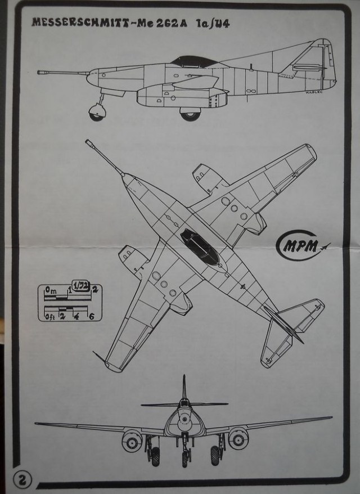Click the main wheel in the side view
[x=190, y=114]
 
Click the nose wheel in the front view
[x=185, y=457]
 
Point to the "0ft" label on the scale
[x=50, y=317]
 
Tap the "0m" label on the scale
[x=51, y=290]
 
